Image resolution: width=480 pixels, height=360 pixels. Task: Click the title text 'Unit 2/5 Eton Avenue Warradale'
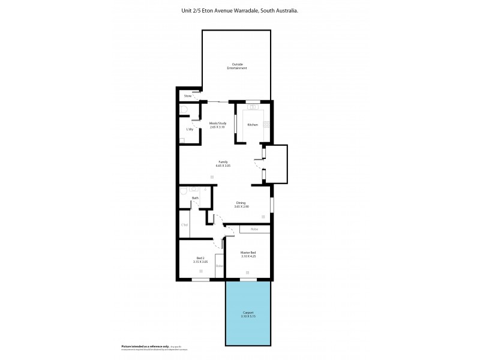click(x=221, y=11)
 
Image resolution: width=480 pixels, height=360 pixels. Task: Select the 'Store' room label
click(x=187, y=95)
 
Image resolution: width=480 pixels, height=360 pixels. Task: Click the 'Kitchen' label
click(x=253, y=124)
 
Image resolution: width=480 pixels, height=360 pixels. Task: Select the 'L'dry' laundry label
click(x=190, y=129)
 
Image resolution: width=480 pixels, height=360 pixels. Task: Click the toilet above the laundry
click(x=184, y=110)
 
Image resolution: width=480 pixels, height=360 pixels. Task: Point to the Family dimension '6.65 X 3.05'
click(x=223, y=165)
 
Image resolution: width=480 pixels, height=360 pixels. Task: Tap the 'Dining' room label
click(x=241, y=203)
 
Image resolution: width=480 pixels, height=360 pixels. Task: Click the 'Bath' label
click(x=195, y=198)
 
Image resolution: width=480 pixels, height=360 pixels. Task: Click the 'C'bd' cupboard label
click(x=185, y=225)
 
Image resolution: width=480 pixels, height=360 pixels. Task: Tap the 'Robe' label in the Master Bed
click(x=254, y=229)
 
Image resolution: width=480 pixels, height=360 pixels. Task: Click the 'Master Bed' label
click(x=248, y=253)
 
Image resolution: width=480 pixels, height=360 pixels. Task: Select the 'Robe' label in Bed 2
click(x=219, y=266)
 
